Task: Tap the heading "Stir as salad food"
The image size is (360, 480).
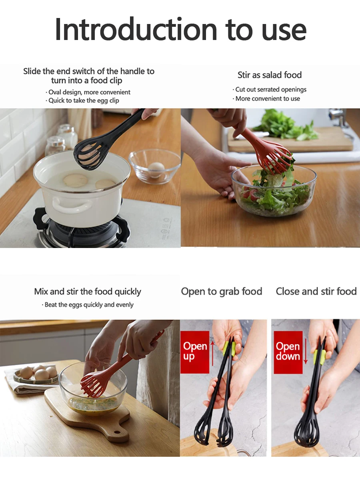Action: (269, 75)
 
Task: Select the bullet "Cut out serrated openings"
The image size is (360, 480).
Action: (270, 90)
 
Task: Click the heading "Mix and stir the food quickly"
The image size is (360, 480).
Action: (87, 292)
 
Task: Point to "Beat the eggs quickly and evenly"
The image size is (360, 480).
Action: (89, 305)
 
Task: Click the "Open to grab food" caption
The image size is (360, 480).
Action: (221, 292)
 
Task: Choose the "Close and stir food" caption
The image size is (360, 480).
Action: (316, 292)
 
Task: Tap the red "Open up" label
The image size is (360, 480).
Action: (195, 351)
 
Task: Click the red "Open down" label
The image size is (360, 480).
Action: (288, 351)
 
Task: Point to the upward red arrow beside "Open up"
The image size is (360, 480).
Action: (212, 352)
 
